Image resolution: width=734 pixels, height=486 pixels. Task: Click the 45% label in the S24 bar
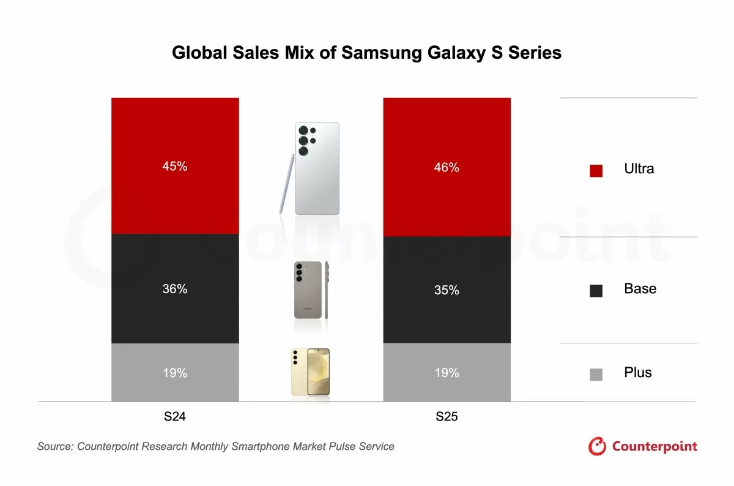(175, 166)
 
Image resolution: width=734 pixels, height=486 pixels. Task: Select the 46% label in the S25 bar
(447, 167)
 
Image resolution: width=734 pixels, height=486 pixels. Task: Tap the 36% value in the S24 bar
(175, 289)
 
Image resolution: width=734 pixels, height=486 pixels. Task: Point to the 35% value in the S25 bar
(447, 290)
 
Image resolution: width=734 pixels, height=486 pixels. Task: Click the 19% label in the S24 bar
(175, 373)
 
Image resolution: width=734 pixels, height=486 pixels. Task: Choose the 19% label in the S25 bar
(447, 373)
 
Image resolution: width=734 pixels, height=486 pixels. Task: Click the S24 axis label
(175, 417)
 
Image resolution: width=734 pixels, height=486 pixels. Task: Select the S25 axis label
(447, 417)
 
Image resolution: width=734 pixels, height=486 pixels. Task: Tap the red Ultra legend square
(596, 171)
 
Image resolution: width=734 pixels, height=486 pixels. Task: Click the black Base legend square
(596, 291)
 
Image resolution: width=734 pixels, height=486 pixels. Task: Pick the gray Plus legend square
(596, 375)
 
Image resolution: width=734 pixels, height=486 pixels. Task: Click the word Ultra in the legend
(639, 169)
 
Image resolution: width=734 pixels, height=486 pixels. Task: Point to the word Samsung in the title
(380, 53)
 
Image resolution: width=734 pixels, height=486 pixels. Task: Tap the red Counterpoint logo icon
(597, 446)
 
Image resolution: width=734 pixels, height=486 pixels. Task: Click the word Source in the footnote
(54, 446)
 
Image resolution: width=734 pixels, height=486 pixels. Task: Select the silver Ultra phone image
(317, 168)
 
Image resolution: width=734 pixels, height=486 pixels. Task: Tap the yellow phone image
(311, 372)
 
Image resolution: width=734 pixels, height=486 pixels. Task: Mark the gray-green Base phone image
(307, 290)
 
